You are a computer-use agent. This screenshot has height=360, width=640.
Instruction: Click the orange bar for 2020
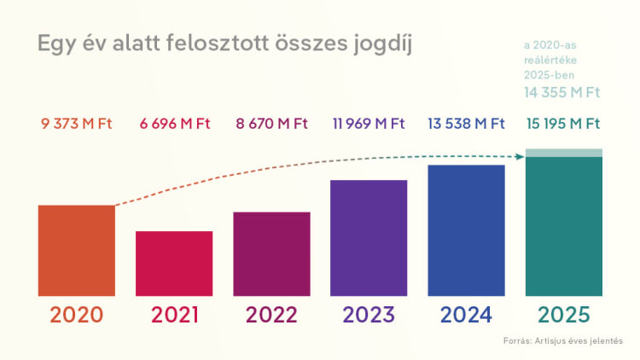coord(77,251)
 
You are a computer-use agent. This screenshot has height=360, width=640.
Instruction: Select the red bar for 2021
coord(174,264)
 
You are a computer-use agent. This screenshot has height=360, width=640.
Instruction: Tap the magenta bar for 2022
coord(271,254)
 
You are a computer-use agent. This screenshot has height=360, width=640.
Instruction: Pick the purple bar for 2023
coord(369,238)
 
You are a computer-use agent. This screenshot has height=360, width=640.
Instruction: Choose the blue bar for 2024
coord(466,230)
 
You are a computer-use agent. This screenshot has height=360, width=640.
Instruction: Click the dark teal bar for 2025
coord(563,226)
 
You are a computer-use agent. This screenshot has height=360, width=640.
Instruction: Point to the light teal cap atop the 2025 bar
coord(563,153)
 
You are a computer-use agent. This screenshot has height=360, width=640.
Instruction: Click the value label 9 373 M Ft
coord(77,124)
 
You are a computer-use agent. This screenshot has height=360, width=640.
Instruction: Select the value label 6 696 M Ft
coord(174,124)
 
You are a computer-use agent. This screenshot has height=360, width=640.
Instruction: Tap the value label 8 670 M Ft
coord(271,124)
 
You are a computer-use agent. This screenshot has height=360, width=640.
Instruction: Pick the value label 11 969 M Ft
coord(369,124)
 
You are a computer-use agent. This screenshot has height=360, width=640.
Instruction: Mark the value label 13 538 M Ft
coord(466,124)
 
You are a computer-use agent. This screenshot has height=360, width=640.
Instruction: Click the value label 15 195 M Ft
coord(563,124)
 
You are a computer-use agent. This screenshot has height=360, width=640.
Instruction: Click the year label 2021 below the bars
coord(174,314)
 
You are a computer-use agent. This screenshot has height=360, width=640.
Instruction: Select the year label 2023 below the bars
coord(369,314)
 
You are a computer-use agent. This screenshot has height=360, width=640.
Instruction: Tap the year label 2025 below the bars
coord(563,314)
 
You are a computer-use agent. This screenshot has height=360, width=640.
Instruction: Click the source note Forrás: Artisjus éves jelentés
coord(563,341)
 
